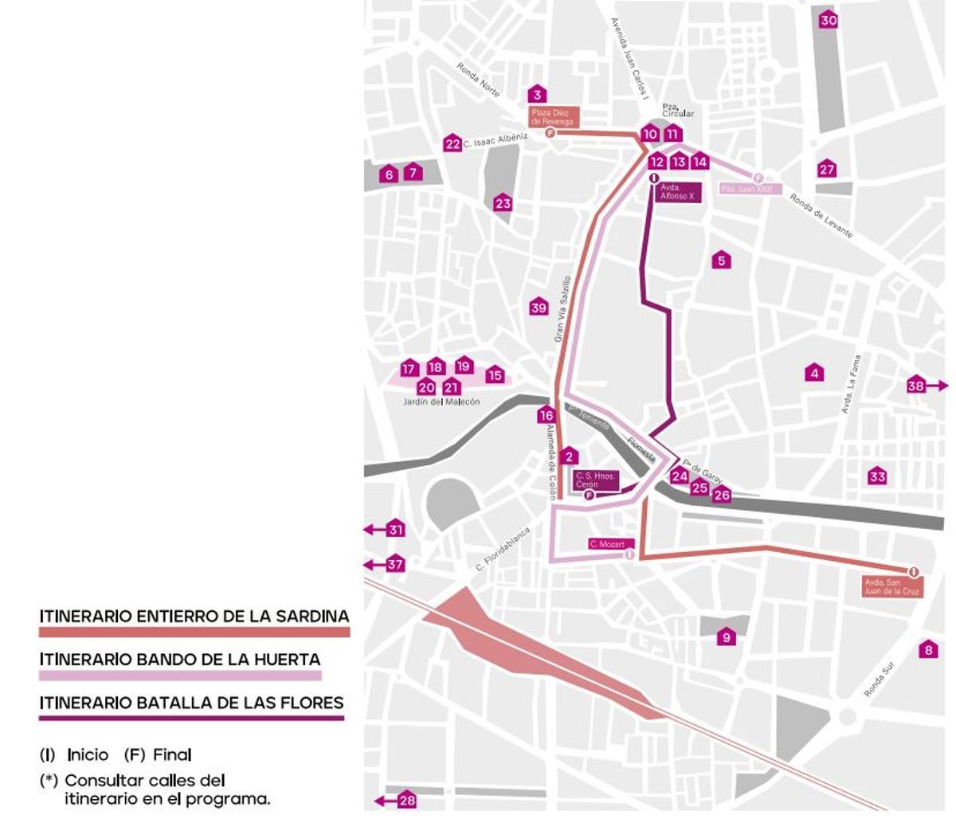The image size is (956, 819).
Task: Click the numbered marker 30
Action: click(829, 20)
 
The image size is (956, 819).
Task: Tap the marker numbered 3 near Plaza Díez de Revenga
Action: click(538, 95)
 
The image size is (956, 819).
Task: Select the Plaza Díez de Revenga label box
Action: click(552, 117)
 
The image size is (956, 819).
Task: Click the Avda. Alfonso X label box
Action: click(679, 192)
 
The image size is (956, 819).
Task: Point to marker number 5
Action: click(721, 261)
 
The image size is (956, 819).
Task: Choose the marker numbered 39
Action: click(539, 308)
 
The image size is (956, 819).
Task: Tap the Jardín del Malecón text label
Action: click(441, 402)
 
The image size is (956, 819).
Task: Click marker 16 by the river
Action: click(546, 415)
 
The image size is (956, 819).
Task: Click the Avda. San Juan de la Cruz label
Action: click(892, 587)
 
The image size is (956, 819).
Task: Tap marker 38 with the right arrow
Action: click(916, 386)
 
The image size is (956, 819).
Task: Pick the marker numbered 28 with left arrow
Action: click(406, 800)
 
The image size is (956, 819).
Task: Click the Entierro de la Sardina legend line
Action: click(194, 632)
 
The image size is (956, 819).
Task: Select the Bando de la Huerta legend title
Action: click(180, 659)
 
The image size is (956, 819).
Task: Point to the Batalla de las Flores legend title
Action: click(191, 703)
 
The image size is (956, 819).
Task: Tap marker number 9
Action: click(725, 637)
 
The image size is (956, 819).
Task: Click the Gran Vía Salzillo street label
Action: click(562, 309)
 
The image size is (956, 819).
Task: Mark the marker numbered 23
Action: click(502, 203)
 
